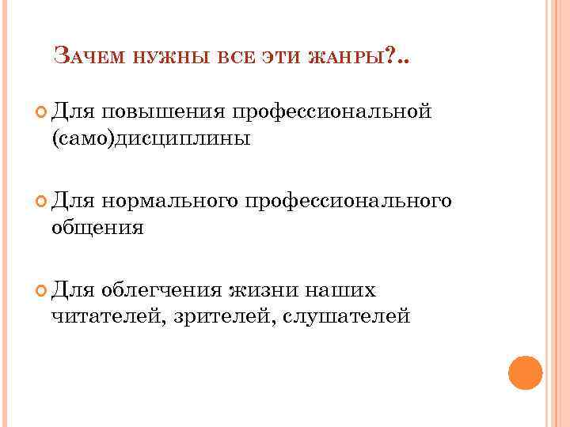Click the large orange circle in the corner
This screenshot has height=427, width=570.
pyautogui.click(x=525, y=372)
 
